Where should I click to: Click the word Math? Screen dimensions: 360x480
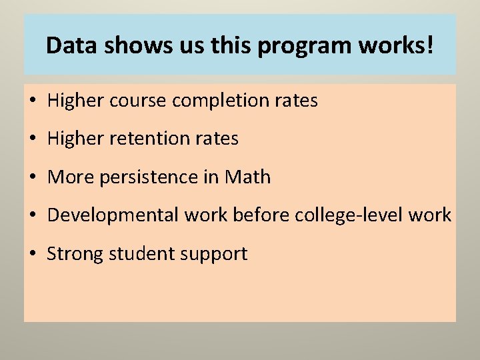[x=248, y=177]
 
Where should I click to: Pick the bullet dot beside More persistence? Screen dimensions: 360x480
[x=32, y=178]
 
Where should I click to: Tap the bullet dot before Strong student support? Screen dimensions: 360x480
[x=32, y=254]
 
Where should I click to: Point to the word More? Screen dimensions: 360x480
[x=70, y=177]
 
